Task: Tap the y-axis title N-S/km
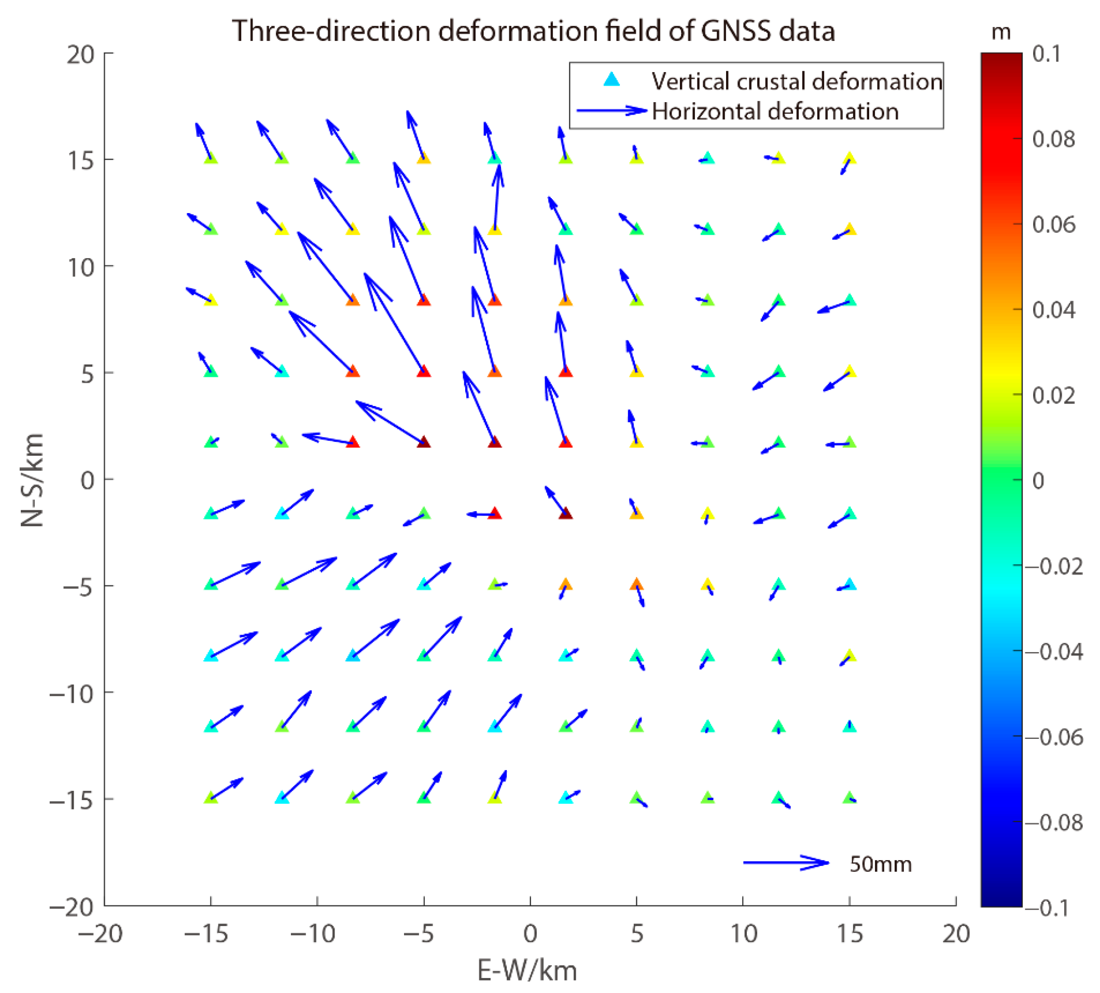click(x=32, y=480)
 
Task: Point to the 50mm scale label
click(x=881, y=864)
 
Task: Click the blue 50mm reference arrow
click(x=786, y=863)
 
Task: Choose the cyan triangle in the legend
click(x=612, y=80)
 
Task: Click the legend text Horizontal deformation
click(x=775, y=111)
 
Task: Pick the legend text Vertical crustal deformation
click(x=797, y=81)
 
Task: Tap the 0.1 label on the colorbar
click(x=1047, y=54)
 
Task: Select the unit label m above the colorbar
click(x=1001, y=32)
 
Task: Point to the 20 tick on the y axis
click(x=81, y=54)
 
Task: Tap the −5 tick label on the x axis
click(x=419, y=934)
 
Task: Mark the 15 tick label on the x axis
click(x=850, y=934)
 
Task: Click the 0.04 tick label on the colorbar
click(x=1054, y=310)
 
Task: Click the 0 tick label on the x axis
click(x=531, y=934)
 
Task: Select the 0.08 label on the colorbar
click(x=1054, y=139)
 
